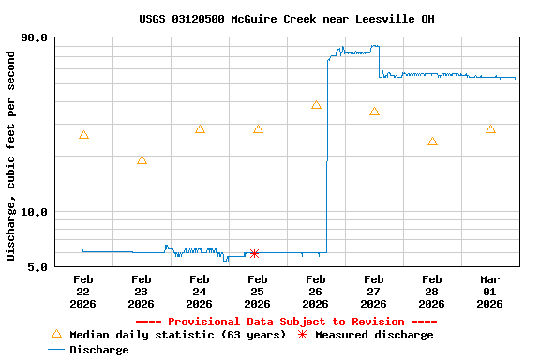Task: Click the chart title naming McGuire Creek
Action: coord(286,19)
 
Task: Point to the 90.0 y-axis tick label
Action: coord(35,37)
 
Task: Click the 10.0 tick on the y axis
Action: coord(35,212)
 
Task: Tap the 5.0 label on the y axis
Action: coord(38,267)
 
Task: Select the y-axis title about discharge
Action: coord(11,156)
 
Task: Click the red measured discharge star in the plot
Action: coord(254,253)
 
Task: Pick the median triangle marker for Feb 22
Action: coord(83,135)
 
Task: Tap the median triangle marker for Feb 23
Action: coord(142,160)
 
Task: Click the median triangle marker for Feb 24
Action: coord(200,129)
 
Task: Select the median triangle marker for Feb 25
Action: coord(258,129)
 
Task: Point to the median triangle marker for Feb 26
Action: coord(316,105)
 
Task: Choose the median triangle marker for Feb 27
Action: coord(374,112)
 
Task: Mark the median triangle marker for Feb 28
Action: coord(432,142)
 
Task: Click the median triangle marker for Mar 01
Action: coord(490,129)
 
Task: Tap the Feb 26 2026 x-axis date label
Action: coord(316,291)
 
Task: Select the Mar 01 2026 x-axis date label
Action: coord(490,291)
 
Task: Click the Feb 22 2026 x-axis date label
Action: coord(83,291)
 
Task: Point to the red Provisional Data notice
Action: coord(286,322)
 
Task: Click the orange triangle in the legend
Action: coord(56,334)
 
